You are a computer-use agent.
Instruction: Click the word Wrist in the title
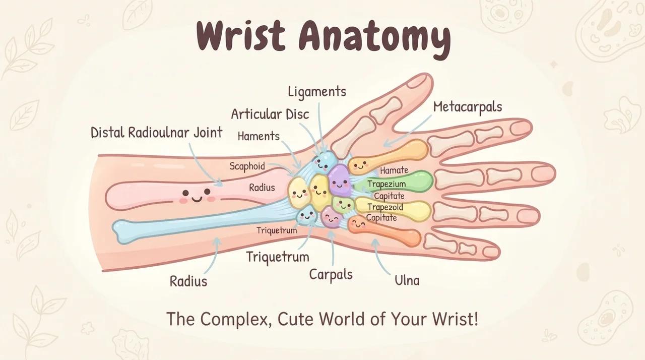point(241,35)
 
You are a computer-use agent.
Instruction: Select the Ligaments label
point(317,92)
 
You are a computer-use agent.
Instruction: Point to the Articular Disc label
point(270,114)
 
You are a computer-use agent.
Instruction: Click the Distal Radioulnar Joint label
point(157,133)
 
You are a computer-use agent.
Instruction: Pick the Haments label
point(259,136)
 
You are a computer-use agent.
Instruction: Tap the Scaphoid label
point(247,166)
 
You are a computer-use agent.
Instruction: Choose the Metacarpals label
point(468,107)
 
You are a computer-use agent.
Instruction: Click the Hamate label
point(394,170)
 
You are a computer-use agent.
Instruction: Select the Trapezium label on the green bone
point(386,184)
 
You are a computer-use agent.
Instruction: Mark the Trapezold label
point(385,207)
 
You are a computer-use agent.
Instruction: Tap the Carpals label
point(331,274)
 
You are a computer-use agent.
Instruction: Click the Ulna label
point(407,280)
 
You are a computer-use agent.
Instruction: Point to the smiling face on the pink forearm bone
point(197,195)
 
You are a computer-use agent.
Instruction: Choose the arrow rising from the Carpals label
point(332,248)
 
